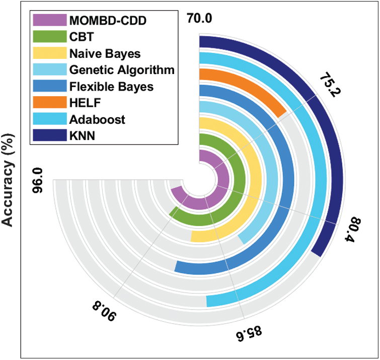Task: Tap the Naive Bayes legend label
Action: point(106,53)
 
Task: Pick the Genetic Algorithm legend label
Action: point(122,69)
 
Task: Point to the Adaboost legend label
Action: point(98,119)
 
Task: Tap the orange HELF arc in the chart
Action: point(252,89)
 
